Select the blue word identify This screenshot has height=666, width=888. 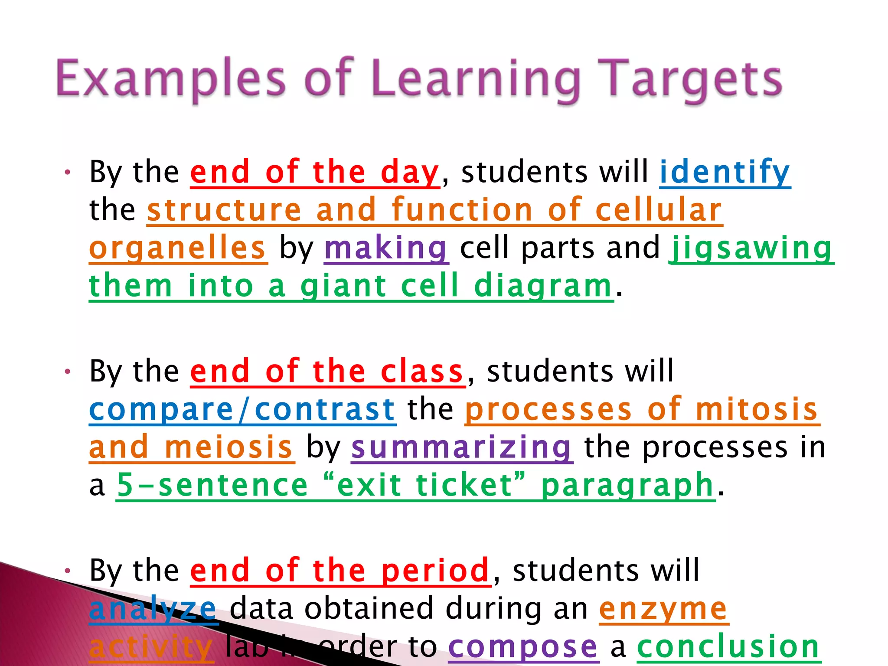click(x=725, y=172)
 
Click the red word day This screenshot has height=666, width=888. click(x=410, y=172)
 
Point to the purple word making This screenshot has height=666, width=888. click(x=386, y=248)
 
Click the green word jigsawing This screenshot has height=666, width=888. click(x=751, y=248)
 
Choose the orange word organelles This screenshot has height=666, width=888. click(x=178, y=248)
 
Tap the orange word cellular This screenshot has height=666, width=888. click(x=658, y=210)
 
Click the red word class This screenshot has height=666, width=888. click(x=422, y=372)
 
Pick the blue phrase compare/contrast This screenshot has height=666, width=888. click(x=242, y=410)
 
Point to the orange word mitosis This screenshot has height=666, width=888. click(x=757, y=410)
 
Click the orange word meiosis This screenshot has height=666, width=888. click(x=229, y=447)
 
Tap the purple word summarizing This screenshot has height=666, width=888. click(x=461, y=447)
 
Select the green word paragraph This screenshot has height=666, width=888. click(x=627, y=486)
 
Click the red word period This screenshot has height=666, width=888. click(x=435, y=571)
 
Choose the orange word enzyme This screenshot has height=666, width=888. click(x=663, y=609)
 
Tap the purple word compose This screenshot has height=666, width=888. click(x=523, y=647)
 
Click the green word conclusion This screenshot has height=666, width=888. click(x=728, y=647)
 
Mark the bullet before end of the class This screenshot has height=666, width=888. click(x=67, y=372)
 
